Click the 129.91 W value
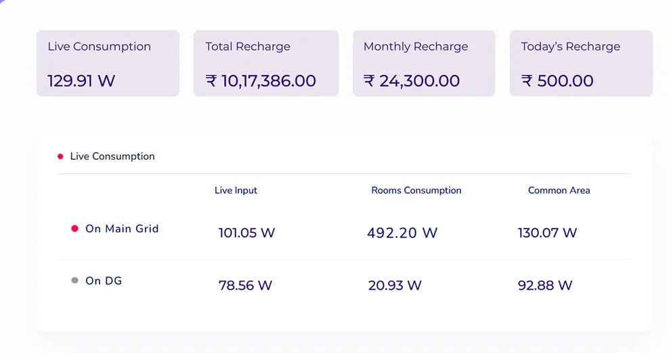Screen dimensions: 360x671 click(x=81, y=81)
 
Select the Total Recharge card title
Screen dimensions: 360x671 click(x=248, y=47)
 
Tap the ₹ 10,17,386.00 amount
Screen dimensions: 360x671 click(x=261, y=81)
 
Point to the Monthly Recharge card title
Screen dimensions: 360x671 click(x=416, y=47)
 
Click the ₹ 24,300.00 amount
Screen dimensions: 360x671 click(x=412, y=81)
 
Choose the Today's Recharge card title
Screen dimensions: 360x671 click(x=570, y=47)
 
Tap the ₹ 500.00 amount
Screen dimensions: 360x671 click(x=557, y=81)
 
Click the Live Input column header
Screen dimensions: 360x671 click(x=236, y=191)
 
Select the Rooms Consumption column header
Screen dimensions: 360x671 click(x=416, y=191)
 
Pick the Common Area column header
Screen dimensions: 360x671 click(x=559, y=191)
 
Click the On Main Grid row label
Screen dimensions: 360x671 click(x=122, y=229)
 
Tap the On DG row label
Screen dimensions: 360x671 click(x=104, y=281)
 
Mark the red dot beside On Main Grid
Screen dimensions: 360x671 click(x=75, y=229)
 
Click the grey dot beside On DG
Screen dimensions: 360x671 click(x=75, y=280)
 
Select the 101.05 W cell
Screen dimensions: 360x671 click(x=246, y=233)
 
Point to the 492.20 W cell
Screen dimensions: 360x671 click(x=402, y=233)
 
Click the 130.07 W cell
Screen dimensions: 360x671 click(x=547, y=233)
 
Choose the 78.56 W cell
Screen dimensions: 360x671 click(x=245, y=286)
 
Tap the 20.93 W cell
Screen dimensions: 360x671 click(x=395, y=286)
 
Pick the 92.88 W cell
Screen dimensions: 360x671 click(x=545, y=286)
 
